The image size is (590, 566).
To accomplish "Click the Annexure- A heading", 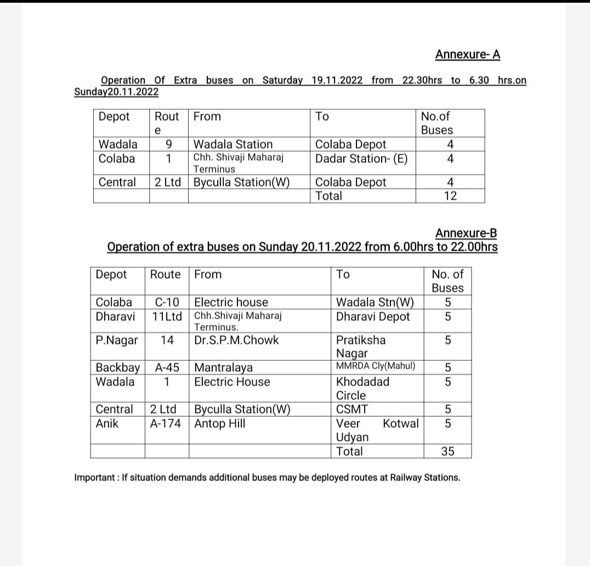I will [467, 55].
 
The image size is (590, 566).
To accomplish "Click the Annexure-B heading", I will [466, 233].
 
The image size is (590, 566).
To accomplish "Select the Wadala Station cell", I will [233, 144].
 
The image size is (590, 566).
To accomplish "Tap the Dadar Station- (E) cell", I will [361, 159].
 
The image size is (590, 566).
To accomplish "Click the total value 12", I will [450, 196].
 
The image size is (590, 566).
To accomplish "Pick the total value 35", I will [447, 451].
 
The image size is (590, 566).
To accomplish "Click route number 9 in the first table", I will [169, 144].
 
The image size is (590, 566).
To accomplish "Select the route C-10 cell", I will [167, 302].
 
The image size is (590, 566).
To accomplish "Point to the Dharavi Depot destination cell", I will [373, 316].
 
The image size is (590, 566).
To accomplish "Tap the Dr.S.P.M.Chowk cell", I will [236, 340].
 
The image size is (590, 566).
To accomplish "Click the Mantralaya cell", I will [223, 367].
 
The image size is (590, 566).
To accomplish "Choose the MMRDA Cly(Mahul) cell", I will [376, 366].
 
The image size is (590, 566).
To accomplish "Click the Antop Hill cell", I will [220, 423].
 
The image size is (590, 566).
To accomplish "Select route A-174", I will [166, 423].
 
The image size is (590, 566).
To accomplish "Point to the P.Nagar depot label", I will [117, 340].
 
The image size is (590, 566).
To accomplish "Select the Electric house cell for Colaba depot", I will [231, 302].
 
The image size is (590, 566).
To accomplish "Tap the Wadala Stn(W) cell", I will [375, 302].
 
